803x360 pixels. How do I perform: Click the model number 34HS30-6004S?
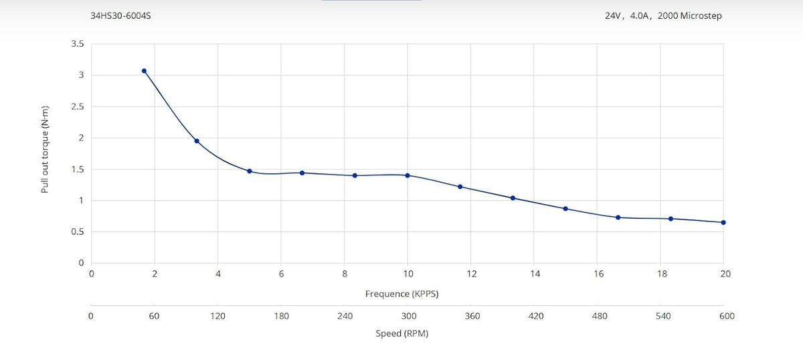coord(120,16)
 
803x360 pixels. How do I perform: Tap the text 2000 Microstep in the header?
coord(690,16)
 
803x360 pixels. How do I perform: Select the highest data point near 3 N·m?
coord(144,71)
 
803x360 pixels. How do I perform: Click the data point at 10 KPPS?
coord(408,176)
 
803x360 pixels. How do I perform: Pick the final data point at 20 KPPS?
coord(723,223)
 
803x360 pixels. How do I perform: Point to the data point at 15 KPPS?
coord(565,209)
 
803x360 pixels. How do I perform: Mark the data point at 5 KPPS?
coord(250,171)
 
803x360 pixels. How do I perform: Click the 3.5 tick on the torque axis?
coord(78,43)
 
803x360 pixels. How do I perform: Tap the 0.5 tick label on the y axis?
coord(78,232)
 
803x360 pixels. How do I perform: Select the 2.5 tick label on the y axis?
coord(78,106)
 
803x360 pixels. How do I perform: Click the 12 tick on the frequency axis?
coord(472,274)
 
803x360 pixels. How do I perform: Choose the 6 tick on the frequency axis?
coord(282,274)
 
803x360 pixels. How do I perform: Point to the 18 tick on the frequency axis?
coord(662,274)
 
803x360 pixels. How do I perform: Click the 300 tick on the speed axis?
coord(409,317)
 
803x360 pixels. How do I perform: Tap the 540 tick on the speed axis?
coord(663,317)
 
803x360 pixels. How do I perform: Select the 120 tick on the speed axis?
coord(218,317)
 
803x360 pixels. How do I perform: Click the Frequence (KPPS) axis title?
coord(402,294)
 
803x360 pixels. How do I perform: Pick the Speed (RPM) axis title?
coord(402,333)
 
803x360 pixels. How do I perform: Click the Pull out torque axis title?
coord(44,149)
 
